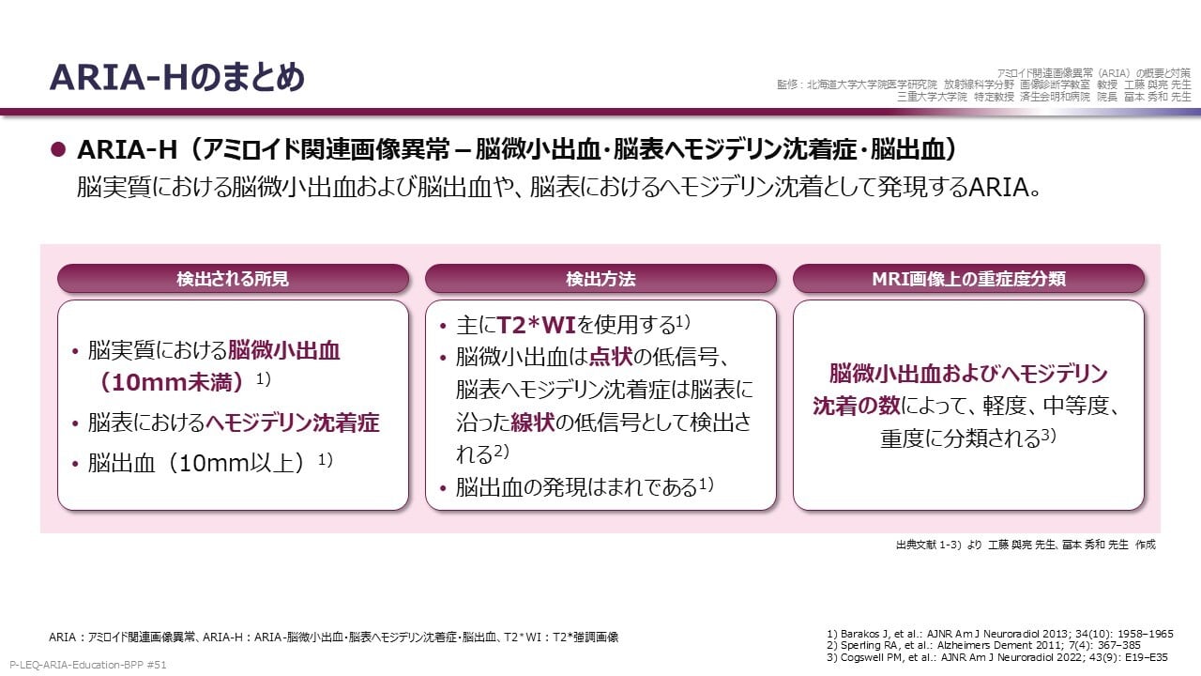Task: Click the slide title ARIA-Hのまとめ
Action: coord(177,78)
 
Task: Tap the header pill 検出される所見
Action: coord(233,279)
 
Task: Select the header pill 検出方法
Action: coord(600,279)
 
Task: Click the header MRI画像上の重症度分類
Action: coord(968,279)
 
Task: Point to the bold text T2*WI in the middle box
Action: coord(536,325)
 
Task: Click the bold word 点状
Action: coord(611,357)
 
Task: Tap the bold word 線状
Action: coord(532,422)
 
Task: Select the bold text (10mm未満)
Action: coord(172,382)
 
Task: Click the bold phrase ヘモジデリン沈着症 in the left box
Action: coord(293,422)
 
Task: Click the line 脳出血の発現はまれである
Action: coord(577,487)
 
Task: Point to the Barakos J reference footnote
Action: coord(1000,634)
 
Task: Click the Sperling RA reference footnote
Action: coord(984,645)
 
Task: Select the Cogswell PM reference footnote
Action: coord(997,657)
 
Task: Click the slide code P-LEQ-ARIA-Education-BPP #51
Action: coord(88,665)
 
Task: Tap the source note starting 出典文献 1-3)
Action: coord(1026,545)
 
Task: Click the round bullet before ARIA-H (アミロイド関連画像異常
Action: coord(58,149)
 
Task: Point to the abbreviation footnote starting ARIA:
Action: coord(333,637)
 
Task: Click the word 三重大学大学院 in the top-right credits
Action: coord(933,97)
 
